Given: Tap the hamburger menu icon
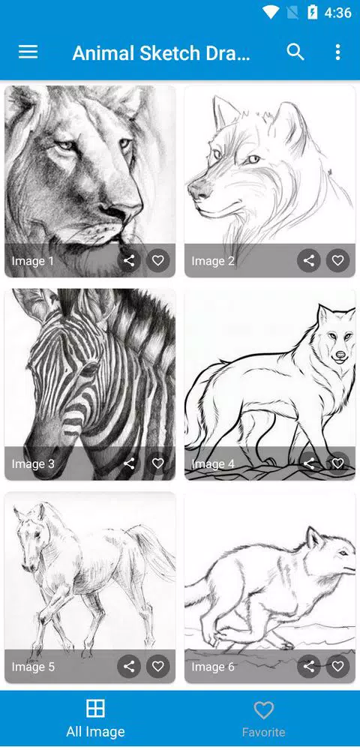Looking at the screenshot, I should click(28, 52).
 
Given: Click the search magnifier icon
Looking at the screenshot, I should click(295, 52).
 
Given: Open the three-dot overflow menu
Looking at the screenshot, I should click(337, 52).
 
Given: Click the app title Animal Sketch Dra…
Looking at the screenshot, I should click(160, 53).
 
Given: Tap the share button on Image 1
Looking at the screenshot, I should click(129, 261).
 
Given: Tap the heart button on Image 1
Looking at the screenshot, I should click(157, 261).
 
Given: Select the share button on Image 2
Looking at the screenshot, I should click(309, 261).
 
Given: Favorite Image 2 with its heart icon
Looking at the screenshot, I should click(337, 261).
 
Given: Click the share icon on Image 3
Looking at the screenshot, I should click(129, 463).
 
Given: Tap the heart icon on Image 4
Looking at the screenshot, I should click(337, 463).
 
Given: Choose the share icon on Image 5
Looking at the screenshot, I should click(129, 666).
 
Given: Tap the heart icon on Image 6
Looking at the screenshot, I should click(337, 666).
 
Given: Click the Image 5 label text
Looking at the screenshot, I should click(33, 667).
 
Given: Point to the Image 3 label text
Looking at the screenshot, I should click(33, 464).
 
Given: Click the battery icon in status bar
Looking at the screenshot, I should click(312, 13).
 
